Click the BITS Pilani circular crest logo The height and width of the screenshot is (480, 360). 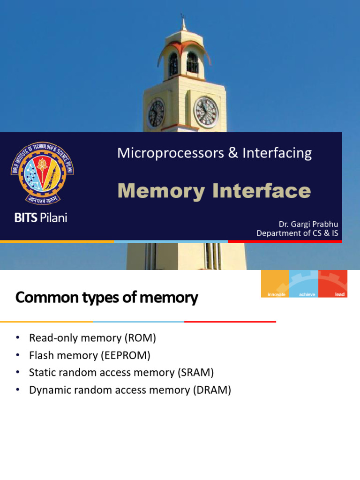(43, 173)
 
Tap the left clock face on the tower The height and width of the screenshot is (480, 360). (156, 113)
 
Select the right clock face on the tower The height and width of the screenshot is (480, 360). (206, 112)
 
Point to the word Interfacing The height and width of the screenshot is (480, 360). (277, 153)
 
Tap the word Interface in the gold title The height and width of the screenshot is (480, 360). (261, 191)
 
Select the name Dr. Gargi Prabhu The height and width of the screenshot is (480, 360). (307, 225)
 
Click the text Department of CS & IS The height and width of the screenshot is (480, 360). (297, 233)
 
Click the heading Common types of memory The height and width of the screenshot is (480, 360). (107, 298)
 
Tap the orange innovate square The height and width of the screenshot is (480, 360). (275, 284)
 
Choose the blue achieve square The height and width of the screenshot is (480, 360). (304, 284)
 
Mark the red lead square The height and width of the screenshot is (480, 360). (333, 284)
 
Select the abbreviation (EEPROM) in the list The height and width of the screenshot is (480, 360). (125, 355)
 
